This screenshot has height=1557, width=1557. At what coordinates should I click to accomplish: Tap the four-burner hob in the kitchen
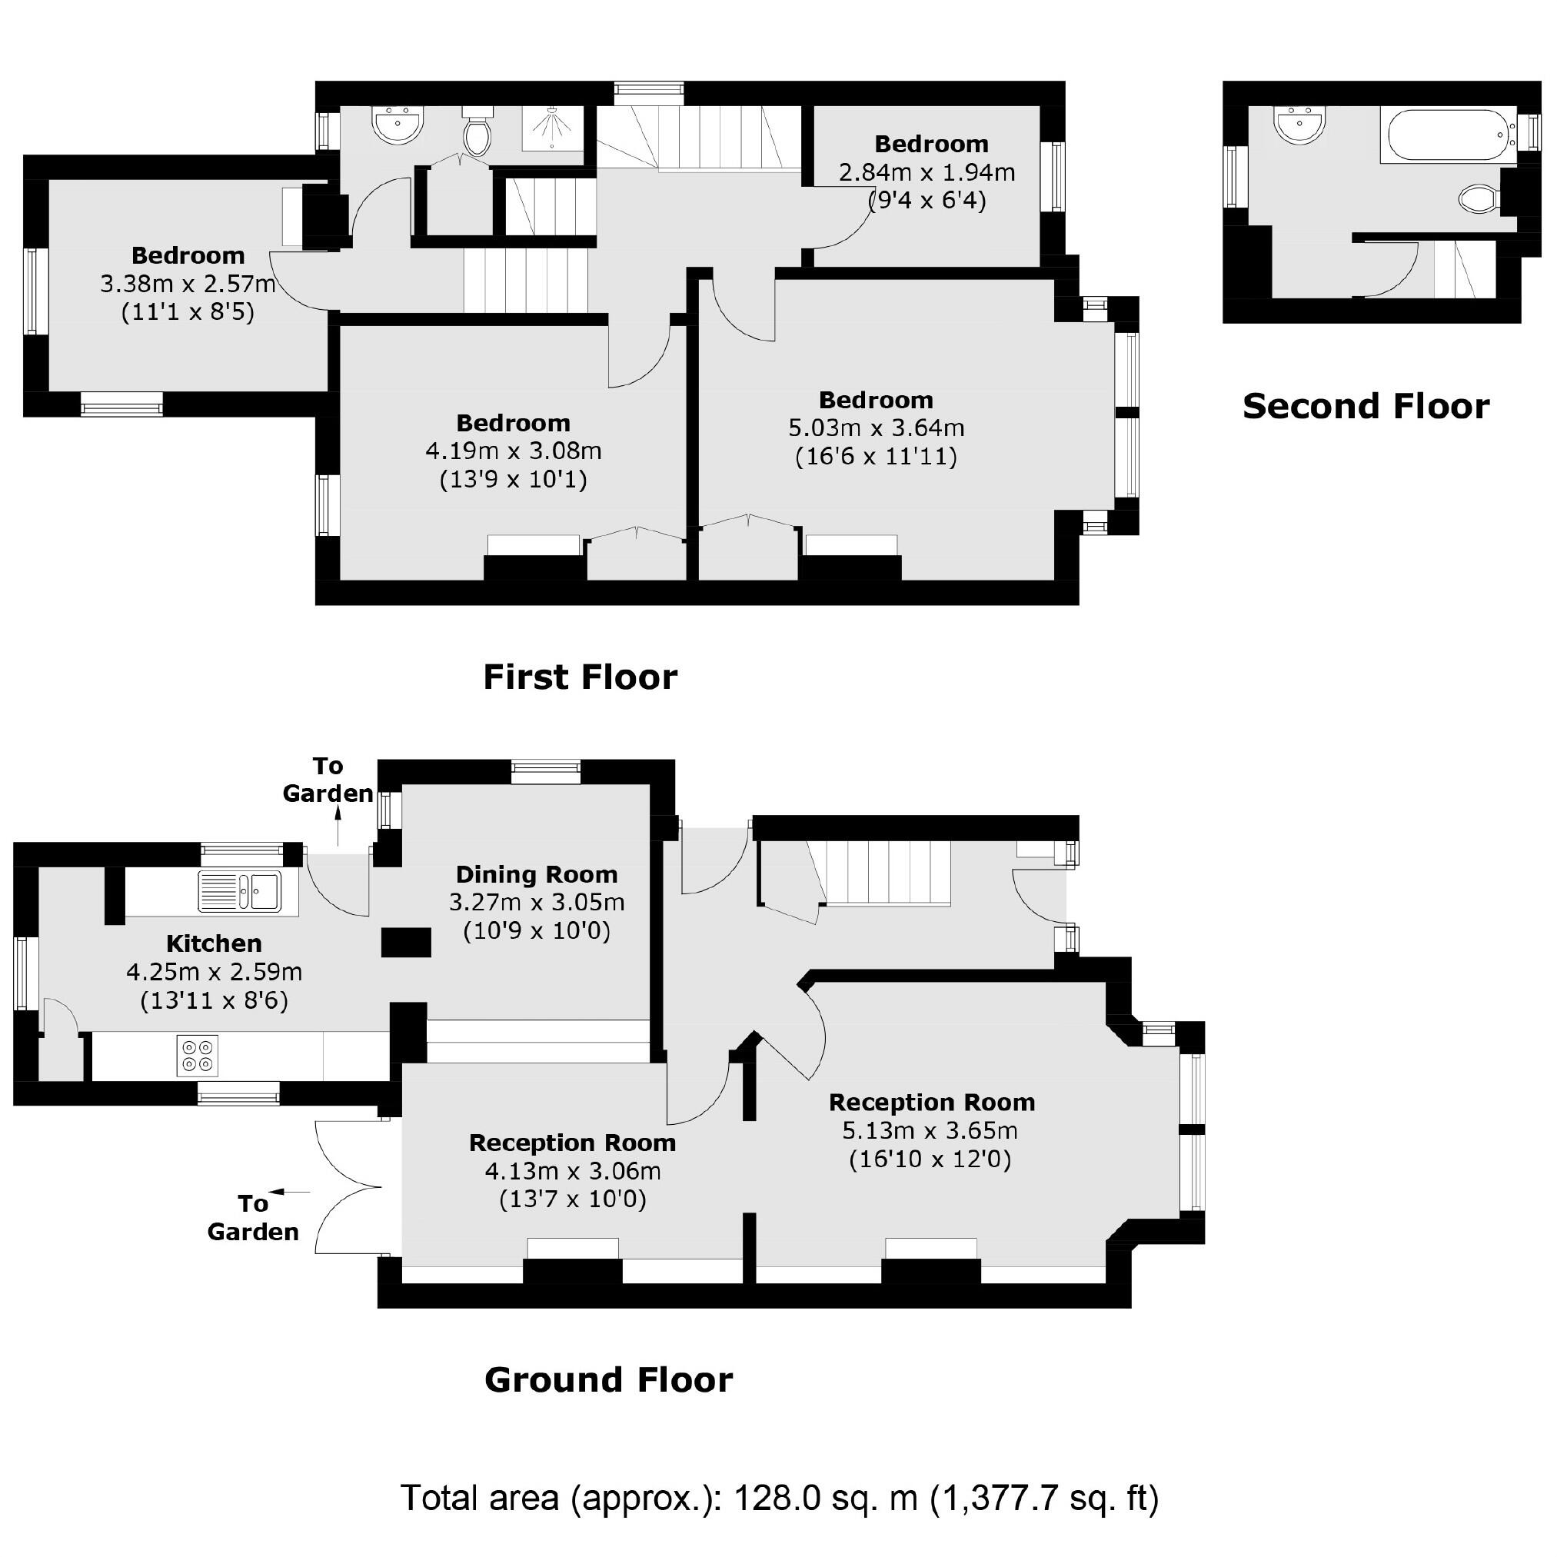pyautogui.click(x=198, y=1056)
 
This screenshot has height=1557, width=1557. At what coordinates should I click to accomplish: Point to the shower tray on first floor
pyautogui.click(x=552, y=128)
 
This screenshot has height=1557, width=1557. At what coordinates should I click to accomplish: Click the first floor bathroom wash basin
pyautogui.click(x=398, y=125)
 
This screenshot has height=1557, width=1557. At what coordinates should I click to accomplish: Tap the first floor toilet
pyautogui.click(x=477, y=134)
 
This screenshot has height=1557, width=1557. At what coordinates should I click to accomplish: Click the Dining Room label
pyautogui.click(x=537, y=874)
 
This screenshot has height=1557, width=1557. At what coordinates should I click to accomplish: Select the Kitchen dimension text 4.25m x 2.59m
pyautogui.click(x=215, y=972)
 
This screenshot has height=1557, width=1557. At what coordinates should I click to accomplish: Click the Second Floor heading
pyautogui.click(x=1366, y=406)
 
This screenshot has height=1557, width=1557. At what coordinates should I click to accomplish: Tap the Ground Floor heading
pyautogui.click(x=608, y=1379)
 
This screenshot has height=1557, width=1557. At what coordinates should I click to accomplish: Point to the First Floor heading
pyautogui.click(x=581, y=677)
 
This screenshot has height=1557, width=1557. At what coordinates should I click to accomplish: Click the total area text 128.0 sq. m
pyautogui.click(x=825, y=1498)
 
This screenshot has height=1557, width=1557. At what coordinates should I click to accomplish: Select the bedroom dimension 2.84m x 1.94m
pyautogui.click(x=927, y=172)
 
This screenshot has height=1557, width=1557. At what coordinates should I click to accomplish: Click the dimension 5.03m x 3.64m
pyautogui.click(x=876, y=428)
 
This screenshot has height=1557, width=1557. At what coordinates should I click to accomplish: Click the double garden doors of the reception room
pyautogui.click(x=348, y=1186)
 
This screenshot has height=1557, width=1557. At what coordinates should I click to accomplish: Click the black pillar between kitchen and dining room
pyautogui.click(x=406, y=942)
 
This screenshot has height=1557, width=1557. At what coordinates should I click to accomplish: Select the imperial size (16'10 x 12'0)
pyautogui.click(x=930, y=1159)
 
